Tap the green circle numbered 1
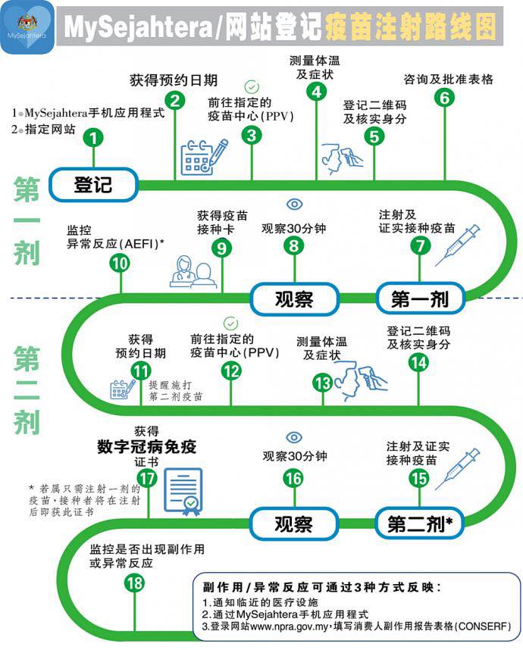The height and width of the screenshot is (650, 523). pyautogui.click(x=93, y=138)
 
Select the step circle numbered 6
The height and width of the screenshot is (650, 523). pyautogui.click(x=444, y=98)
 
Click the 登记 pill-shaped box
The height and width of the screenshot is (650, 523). pyautogui.click(x=93, y=184)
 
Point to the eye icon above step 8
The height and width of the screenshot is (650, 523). pyautogui.click(x=294, y=204)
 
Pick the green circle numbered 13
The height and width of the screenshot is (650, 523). pyautogui.click(x=323, y=383)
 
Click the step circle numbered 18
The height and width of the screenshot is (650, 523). pyautogui.click(x=134, y=583)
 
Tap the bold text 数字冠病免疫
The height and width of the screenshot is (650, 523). pyautogui.click(x=146, y=446)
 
